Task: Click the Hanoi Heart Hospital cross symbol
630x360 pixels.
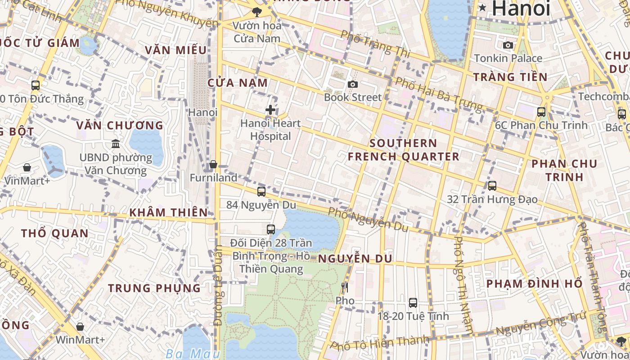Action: (270, 109)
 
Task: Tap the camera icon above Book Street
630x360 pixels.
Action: (353, 84)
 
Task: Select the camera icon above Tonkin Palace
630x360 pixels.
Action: (508, 45)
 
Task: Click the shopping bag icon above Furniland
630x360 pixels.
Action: (213, 164)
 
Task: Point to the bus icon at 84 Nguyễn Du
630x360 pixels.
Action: (261, 191)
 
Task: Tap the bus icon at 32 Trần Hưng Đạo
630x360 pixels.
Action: (492, 185)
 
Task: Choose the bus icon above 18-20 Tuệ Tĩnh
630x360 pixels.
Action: (413, 303)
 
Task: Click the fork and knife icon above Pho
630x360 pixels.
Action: (345, 287)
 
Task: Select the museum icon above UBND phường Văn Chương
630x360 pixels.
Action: (116, 144)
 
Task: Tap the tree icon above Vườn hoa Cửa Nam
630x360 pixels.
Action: (257, 12)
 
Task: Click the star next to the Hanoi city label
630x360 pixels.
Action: (482, 7)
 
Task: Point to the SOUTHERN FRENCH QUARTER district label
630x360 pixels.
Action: (403, 150)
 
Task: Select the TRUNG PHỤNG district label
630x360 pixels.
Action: (154, 288)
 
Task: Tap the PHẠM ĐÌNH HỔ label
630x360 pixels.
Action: (535, 284)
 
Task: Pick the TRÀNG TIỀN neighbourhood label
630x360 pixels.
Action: (510, 77)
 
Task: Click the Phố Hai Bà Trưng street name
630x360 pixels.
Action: (438, 95)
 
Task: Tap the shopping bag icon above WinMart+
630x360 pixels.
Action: (80, 327)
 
